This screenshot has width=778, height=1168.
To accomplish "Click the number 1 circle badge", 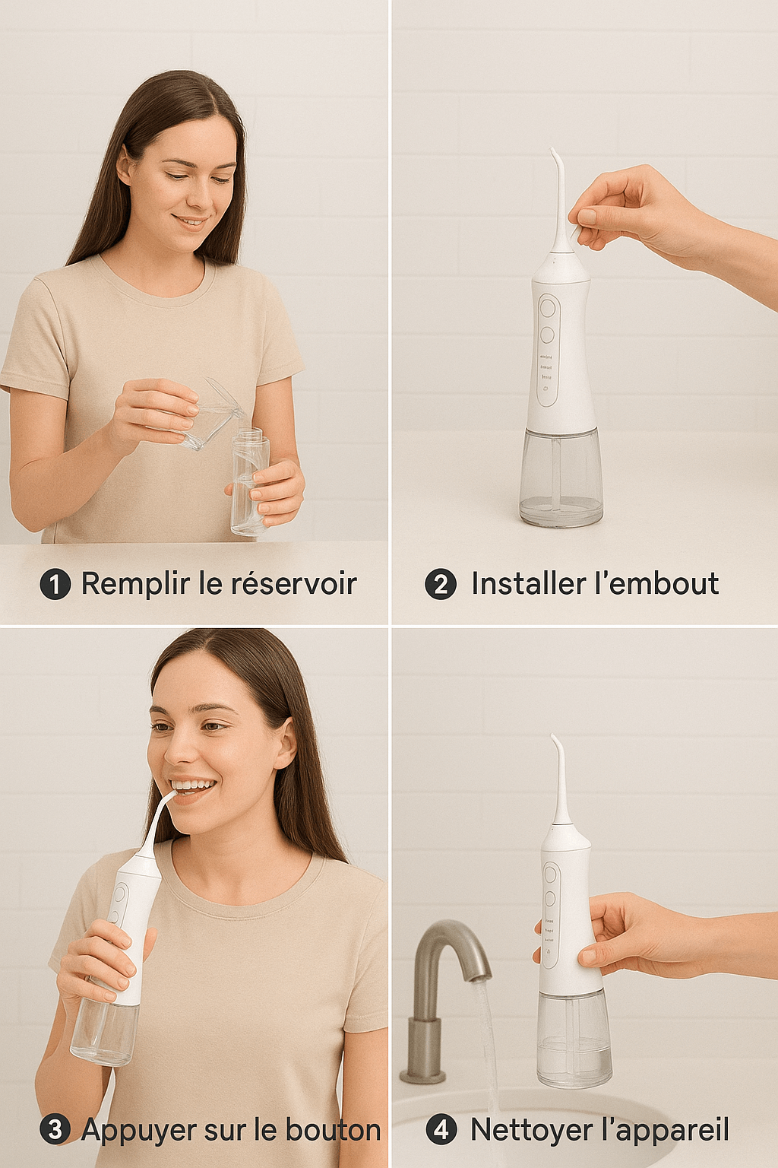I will (55, 584).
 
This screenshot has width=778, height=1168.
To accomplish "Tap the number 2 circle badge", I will (441, 584).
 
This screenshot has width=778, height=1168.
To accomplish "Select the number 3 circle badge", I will (55, 1129).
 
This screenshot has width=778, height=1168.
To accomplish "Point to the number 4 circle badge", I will (441, 1129).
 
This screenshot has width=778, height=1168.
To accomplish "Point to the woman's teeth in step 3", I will (192, 785).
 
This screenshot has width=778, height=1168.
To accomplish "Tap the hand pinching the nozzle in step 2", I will (631, 209).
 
